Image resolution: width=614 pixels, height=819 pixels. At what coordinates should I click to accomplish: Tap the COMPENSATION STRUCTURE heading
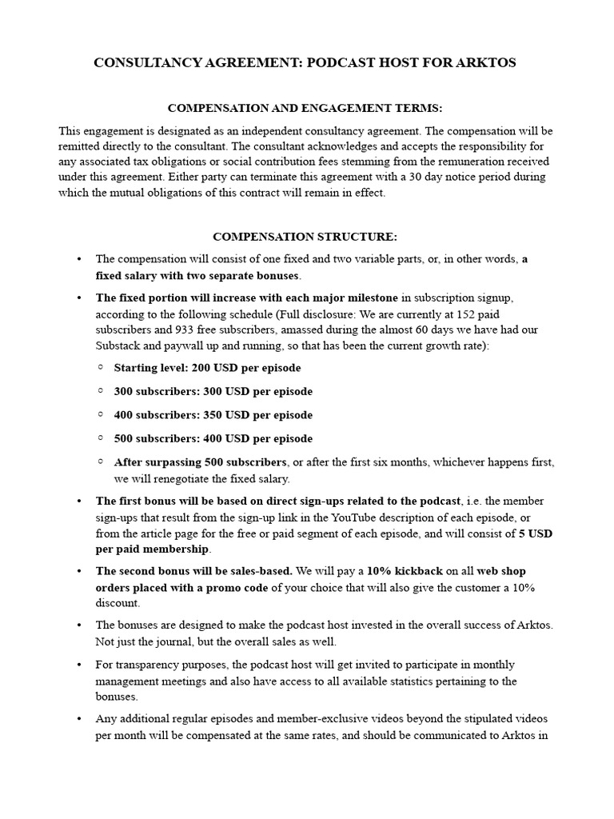click(x=304, y=237)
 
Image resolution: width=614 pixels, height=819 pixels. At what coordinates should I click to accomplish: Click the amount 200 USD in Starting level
click(x=213, y=369)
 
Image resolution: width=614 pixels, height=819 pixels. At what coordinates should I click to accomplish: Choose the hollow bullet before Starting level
click(x=101, y=368)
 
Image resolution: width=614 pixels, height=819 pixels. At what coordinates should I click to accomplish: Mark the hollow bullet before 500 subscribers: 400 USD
click(x=101, y=438)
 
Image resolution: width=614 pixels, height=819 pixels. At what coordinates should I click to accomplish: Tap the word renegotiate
click(x=162, y=478)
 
